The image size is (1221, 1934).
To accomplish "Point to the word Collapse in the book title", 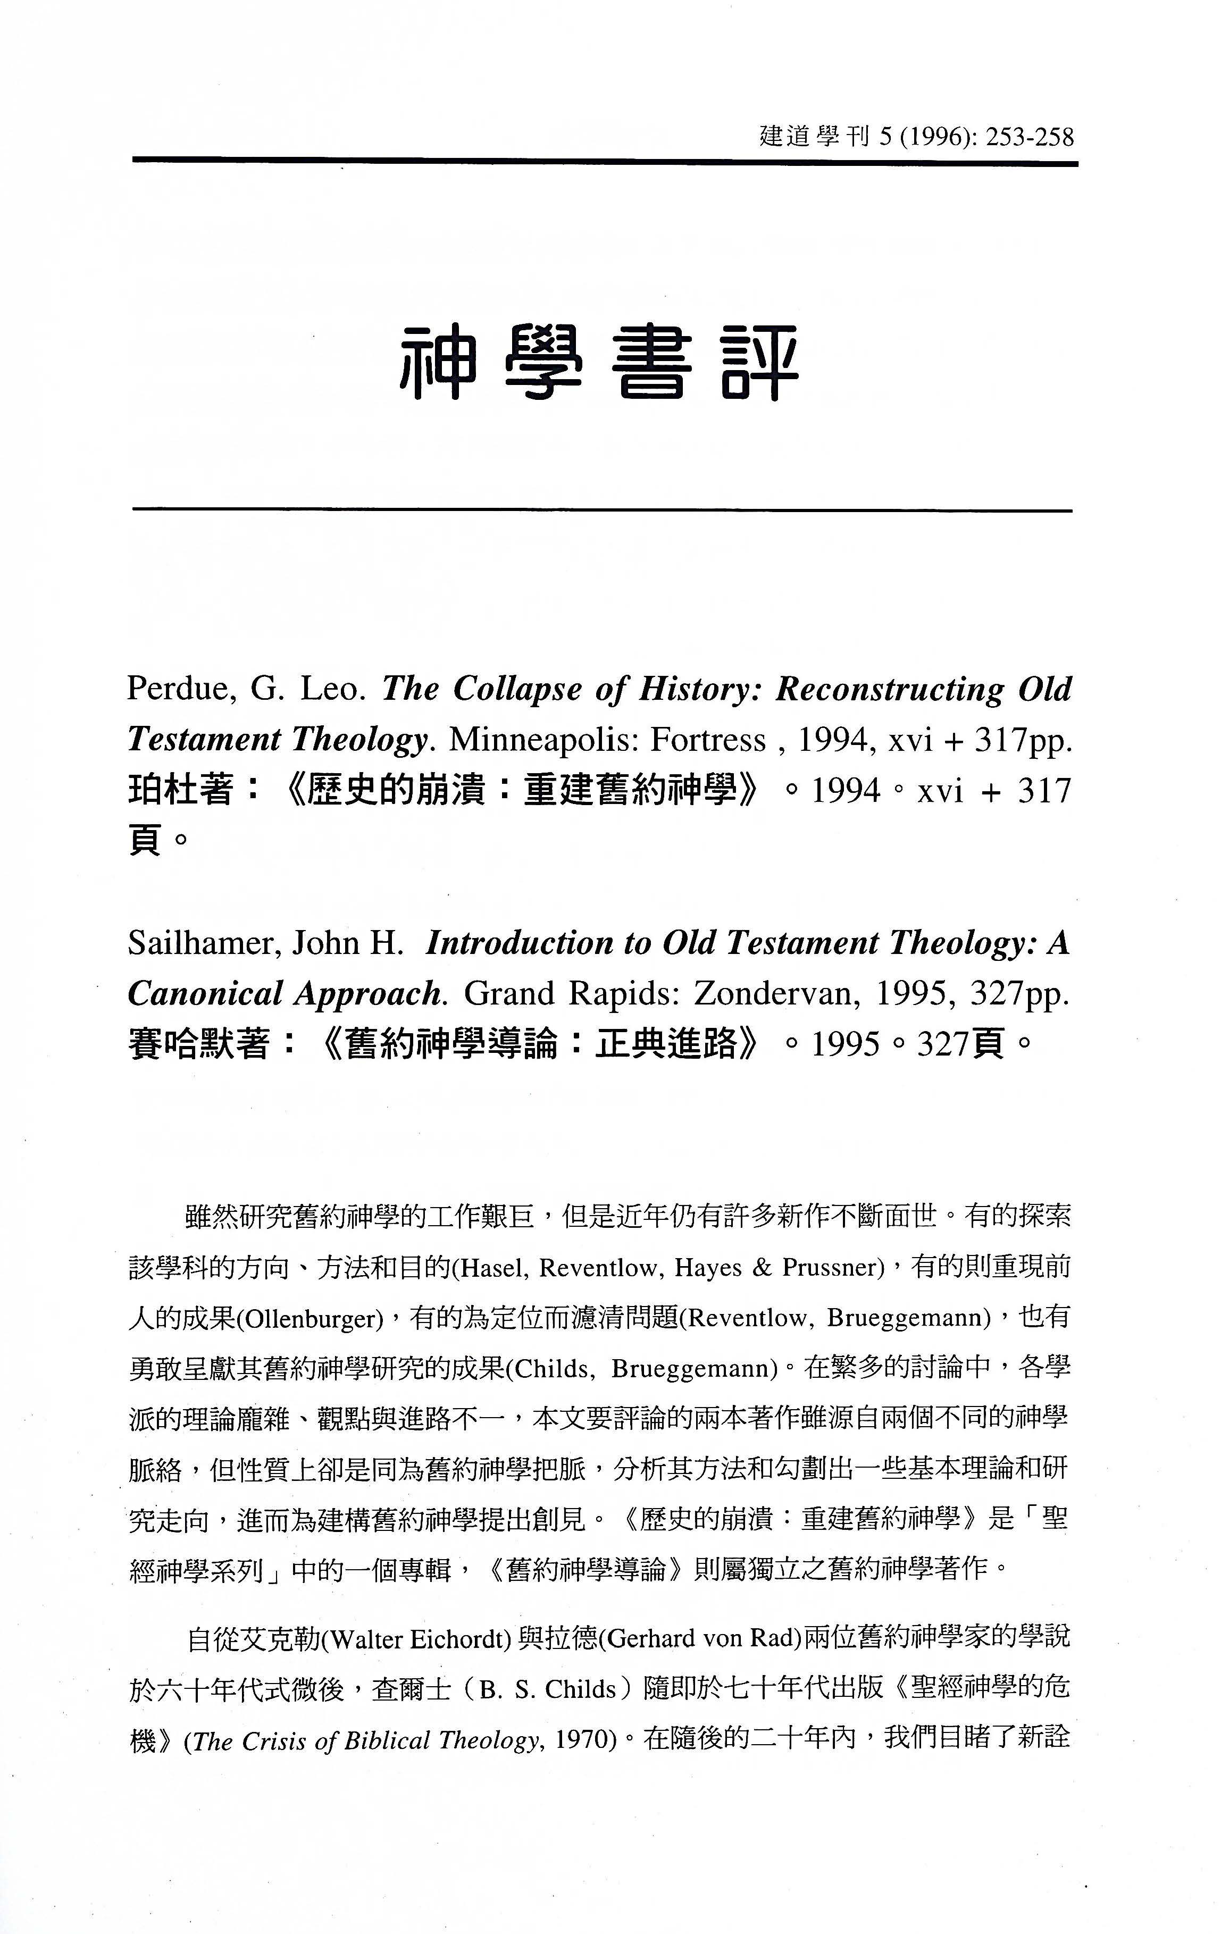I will click(x=517, y=689).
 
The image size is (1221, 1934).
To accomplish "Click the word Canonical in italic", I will click(x=205, y=994).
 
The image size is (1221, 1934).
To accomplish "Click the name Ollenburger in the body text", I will click(x=310, y=1319).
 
